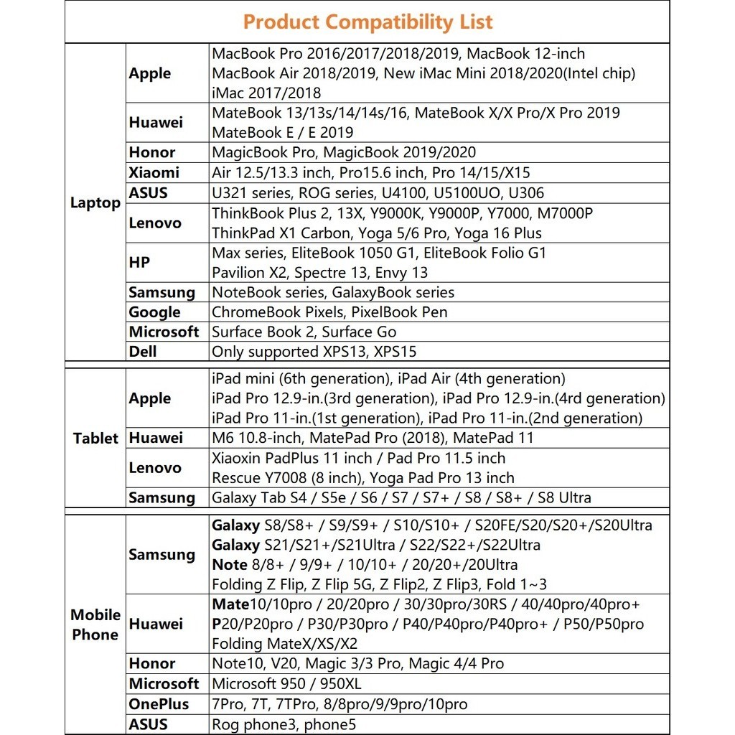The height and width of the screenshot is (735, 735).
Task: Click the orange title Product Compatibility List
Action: point(367,22)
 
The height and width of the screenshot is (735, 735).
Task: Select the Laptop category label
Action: point(95,203)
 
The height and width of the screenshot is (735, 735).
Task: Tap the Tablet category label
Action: point(95,439)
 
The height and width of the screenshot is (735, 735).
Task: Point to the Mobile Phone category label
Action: point(95,624)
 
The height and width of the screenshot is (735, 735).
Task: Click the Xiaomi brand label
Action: point(154,172)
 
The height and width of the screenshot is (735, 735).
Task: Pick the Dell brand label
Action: point(143,352)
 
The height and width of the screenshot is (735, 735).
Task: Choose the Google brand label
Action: point(154,312)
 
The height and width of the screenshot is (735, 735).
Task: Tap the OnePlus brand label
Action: point(159,704)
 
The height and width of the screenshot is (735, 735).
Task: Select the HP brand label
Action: point(139,263)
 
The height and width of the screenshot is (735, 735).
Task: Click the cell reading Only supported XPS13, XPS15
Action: point(314,352)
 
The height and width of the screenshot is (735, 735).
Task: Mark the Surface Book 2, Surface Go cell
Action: point(304,332)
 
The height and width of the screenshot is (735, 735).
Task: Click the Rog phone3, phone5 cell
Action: point(284,724)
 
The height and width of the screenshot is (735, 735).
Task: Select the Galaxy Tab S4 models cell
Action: point(401,497)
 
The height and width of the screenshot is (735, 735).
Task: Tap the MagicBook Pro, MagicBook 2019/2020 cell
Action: point(343,152)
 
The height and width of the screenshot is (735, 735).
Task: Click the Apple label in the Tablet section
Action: point(150,398)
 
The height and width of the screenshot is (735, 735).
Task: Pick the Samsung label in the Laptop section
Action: point(161,292)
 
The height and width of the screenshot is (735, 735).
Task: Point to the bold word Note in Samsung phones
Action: point(229,565)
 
